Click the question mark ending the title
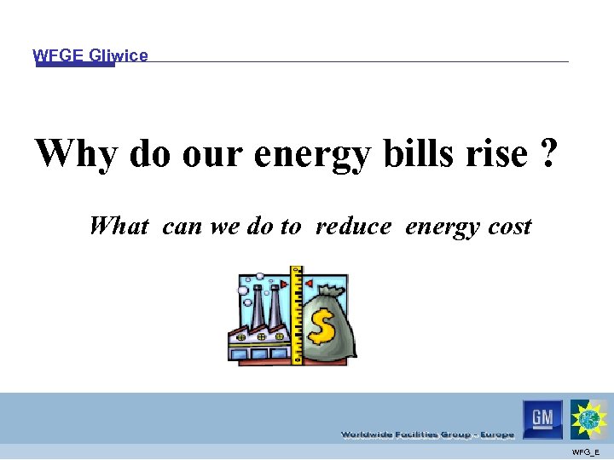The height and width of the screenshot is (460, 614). pyautogui.click(x=549, y=153)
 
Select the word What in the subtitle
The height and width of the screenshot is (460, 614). pyautogui.click(x=119, y=226)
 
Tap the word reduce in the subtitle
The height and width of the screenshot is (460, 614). pyautogui.click(x=353, y=227)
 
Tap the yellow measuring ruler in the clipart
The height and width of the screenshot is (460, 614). pyautogui.click(x=297, y=315)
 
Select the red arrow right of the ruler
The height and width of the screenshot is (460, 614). pyautogui.click(x=309, y=282)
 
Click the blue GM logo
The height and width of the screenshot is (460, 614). pyautogui.click(x=542, y=418)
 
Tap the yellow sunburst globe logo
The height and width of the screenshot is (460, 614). pyautogui.click(x=589, y=418)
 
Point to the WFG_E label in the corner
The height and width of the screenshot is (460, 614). pyautogui.click(x=586, y=451)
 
